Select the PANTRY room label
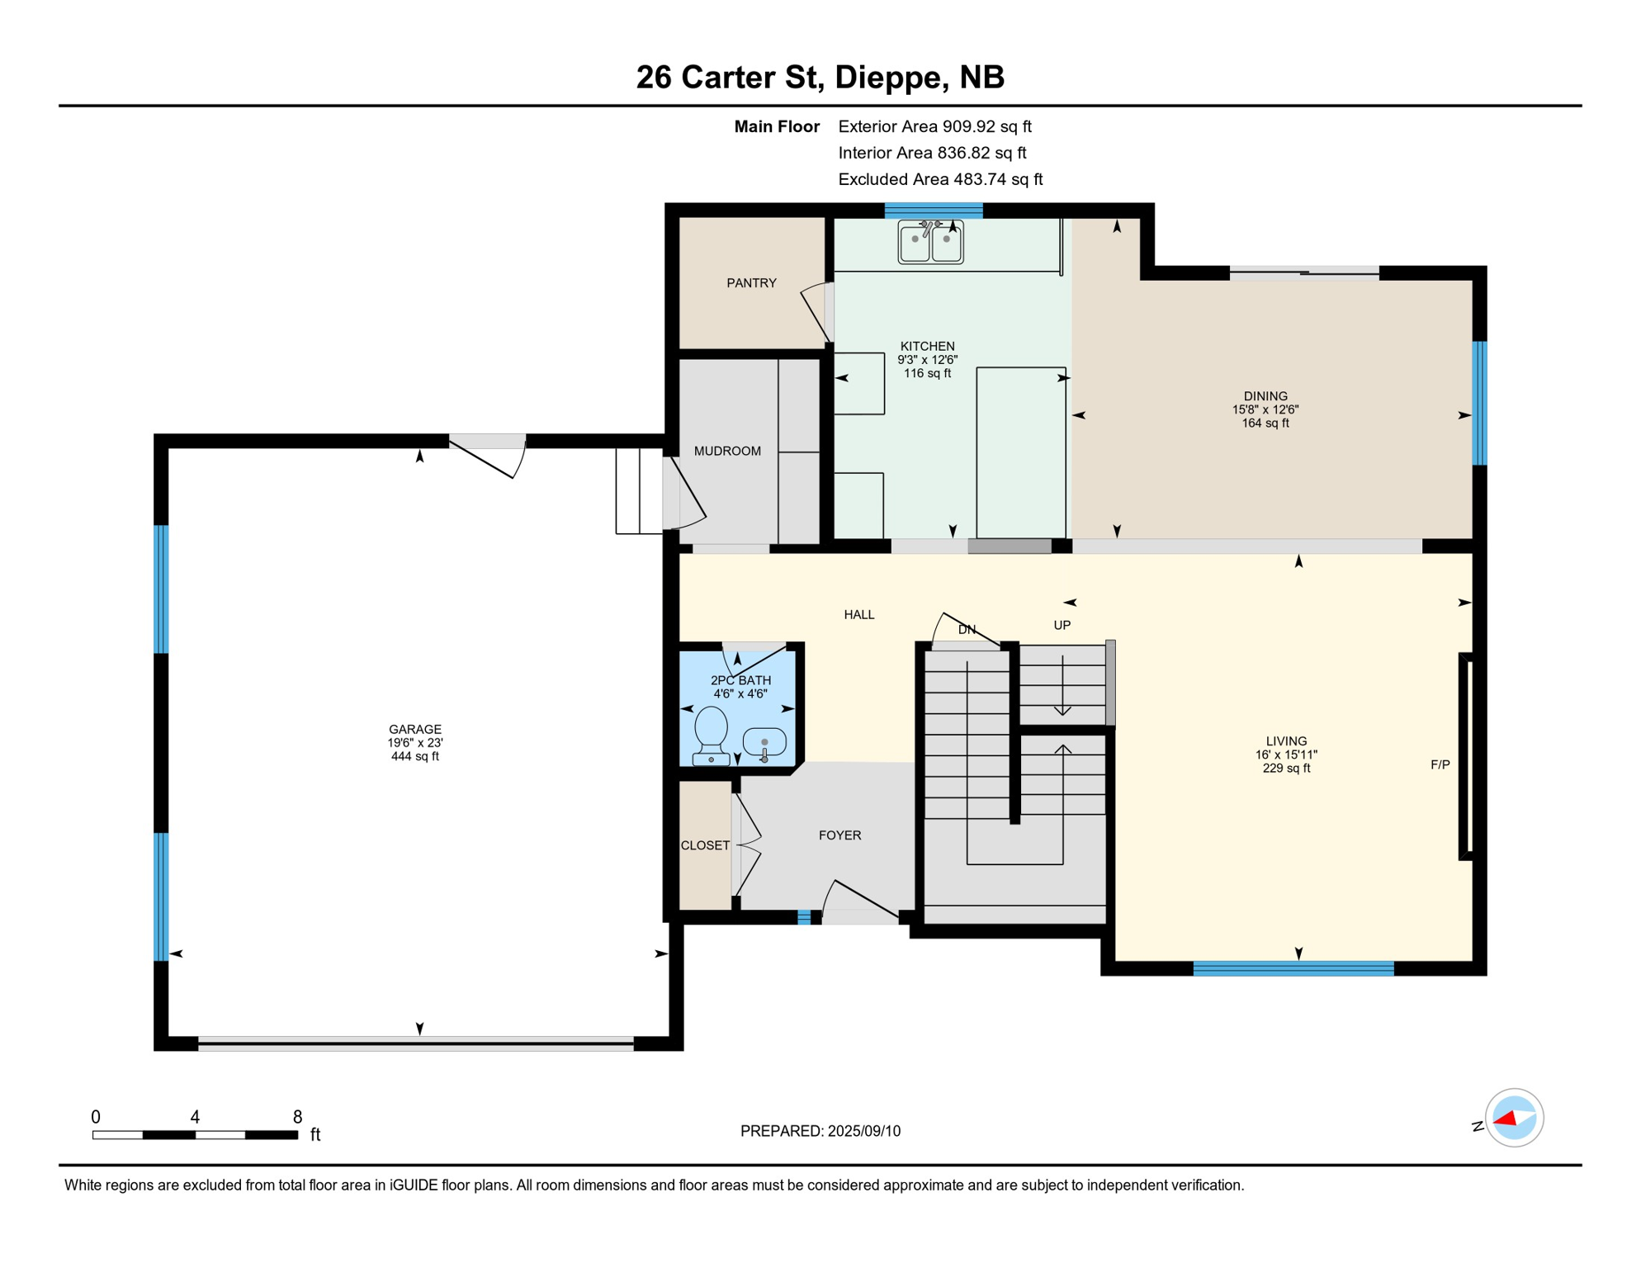click(x=751, y=283)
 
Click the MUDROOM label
click(x=727, y=451)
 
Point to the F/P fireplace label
click(x=1440, y=765)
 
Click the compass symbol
click(x=1514, y=1118)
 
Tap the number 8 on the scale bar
click(x=297, y=1117)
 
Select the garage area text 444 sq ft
click(x=415, y=757)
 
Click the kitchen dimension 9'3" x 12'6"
click(x=927, y=360)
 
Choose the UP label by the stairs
click(x=1062, y=626)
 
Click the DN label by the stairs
click(x=967, y=630)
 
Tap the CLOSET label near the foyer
click(x=705, y=845)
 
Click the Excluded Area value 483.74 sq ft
click(x=997, y=179)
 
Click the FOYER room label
click(x=839, y=835)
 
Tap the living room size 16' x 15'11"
click(x=1286, y=755)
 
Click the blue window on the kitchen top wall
click(x=934, y=211)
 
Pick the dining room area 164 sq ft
click(x=1265, y=423)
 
